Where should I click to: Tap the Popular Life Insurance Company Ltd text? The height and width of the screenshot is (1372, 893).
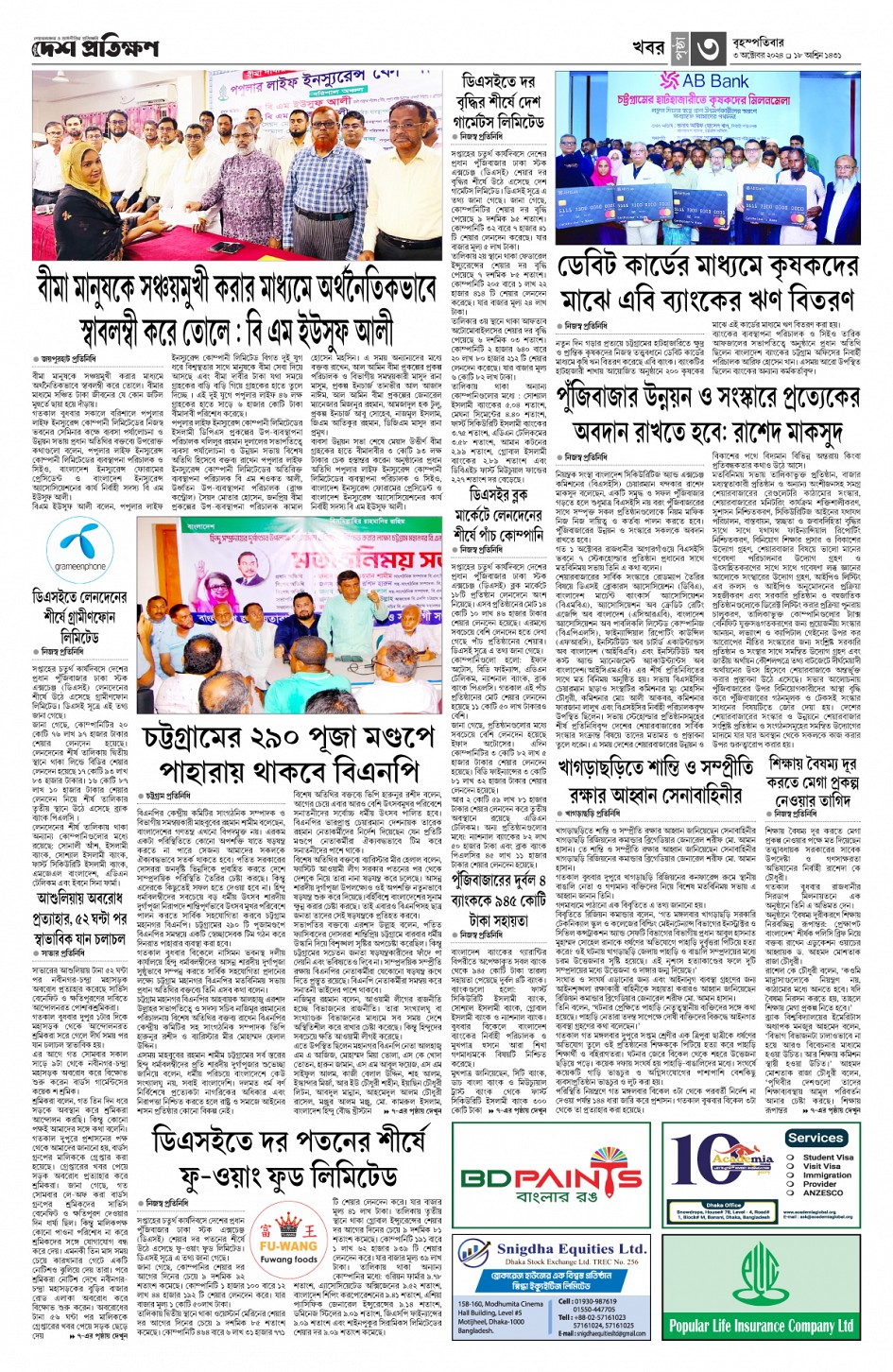click(762, 1327)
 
